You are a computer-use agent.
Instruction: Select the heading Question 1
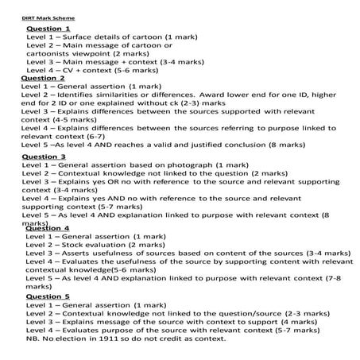click(x=48, y=29)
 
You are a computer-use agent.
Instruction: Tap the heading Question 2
click(x=44, y=78)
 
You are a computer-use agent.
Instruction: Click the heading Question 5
click(x=48, y=296)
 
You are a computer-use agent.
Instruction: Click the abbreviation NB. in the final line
click(x=34, y=338)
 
